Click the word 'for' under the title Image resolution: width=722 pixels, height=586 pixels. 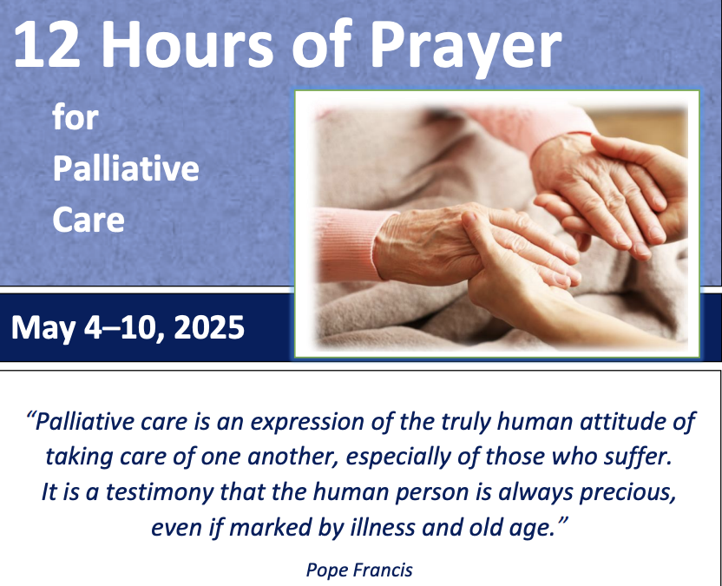coord(75,117)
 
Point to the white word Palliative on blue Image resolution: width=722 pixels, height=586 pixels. coord(126,168)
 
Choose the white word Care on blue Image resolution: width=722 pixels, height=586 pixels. coord(89,219)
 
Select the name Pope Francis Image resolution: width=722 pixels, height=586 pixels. coord(359,570)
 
